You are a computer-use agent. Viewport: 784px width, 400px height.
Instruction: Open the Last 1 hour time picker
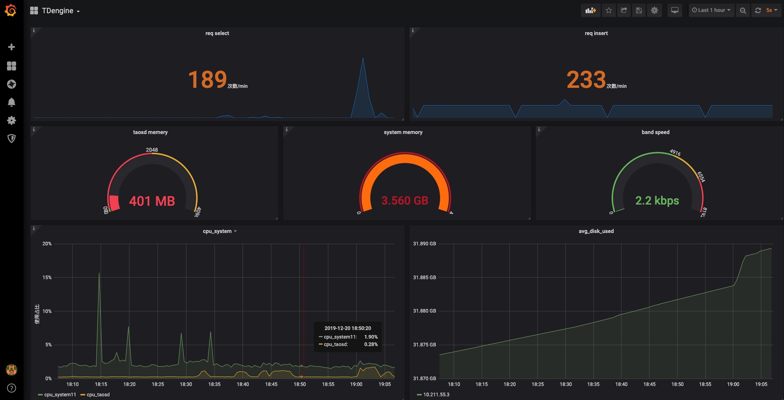click(711, 10)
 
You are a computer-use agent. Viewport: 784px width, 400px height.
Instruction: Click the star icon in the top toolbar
click(609, 10)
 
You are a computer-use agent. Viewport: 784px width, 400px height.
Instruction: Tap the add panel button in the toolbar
click(591, 10)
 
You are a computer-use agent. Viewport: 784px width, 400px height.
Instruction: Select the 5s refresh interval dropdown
click(771, 10)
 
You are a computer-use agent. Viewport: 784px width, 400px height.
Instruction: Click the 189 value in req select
click(207, 80)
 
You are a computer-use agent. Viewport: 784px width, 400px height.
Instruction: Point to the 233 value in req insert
click(586, 80)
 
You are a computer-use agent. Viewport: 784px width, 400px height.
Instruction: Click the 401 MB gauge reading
click(152, 201)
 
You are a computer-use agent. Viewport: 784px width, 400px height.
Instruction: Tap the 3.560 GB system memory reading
click(405, 201)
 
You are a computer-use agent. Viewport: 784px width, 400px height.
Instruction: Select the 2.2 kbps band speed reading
click(657, 201)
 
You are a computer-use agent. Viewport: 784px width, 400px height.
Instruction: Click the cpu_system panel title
click(217, 231)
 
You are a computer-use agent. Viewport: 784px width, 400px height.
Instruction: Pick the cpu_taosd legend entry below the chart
click(98, 395)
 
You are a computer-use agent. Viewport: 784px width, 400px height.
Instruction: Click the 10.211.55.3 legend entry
click(436, 395)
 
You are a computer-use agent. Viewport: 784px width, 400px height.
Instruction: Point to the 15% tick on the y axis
click(47, 278)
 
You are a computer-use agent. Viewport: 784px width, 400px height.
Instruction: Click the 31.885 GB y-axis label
click(424, 278)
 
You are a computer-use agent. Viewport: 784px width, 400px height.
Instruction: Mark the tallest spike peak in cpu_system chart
click(99, 273)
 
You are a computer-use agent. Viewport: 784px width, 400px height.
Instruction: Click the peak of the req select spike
click(363, 58)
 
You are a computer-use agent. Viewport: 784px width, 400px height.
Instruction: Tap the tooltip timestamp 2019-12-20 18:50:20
click(348, 328)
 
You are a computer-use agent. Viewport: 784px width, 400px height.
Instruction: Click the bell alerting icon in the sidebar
click(12, 102)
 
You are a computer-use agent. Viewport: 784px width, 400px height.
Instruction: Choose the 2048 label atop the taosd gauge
click(152, 150)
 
